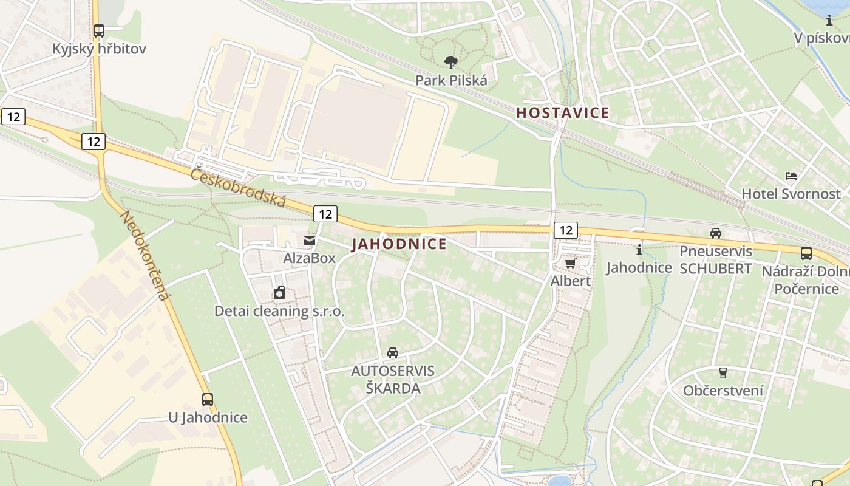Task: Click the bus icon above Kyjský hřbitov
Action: [x=98, y=30]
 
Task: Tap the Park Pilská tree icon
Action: [x=450, y=62]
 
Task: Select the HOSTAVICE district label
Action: [x=562, y=113]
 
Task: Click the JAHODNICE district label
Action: [x=399, y=244]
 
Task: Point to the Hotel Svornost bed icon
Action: [x=790, y=176]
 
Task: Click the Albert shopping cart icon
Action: [x=570, y=263]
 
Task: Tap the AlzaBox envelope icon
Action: [x=310, y=241]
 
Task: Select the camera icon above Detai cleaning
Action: [x=279, y=293]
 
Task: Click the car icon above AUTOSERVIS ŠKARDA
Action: [x=393, y=352]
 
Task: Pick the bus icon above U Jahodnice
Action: [x=208, y=399]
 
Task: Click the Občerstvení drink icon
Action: [x=722, y=372]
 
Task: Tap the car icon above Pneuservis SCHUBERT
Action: [x=716, y=233]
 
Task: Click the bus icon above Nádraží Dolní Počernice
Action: [x=806, y=253]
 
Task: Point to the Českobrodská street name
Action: [x=238, y=187]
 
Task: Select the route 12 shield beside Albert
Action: [x=565, y=230]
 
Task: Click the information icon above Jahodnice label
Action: [x=639, y=250]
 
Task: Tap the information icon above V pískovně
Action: [x=829, y=20]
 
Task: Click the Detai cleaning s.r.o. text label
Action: [x=279, y=312]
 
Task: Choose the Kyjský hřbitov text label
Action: [x=99, y=49]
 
